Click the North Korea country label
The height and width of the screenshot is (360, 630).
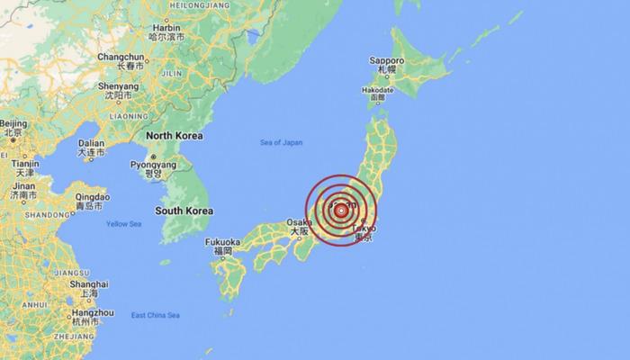point(174,135)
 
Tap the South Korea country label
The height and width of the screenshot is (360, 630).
point(184,211)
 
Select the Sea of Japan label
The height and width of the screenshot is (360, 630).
point(282,142)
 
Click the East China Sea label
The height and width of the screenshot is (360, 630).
point(155,315)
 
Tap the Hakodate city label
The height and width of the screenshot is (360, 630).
point(378,90)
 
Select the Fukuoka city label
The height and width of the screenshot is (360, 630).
point(222,243)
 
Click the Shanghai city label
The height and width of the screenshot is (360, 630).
point(88,284)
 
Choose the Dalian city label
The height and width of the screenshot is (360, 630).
point(91,142)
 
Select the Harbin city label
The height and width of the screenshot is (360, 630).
point(166,28)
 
